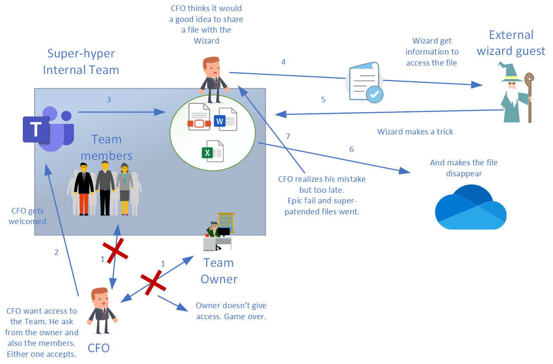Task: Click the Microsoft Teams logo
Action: pos(48,129)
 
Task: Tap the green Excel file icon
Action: pos(212,151)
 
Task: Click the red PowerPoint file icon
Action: pos(199,117)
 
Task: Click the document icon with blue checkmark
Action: pos(365,82)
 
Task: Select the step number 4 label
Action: pos(283,62)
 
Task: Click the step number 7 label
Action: pos(288,136)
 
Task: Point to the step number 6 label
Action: pos(351,149)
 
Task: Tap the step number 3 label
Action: pos(109,100)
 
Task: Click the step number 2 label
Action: pos(56,252)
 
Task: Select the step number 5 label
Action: pos(323,100)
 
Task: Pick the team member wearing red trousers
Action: pos(84,189)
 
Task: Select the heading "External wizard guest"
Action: pos(511,43)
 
